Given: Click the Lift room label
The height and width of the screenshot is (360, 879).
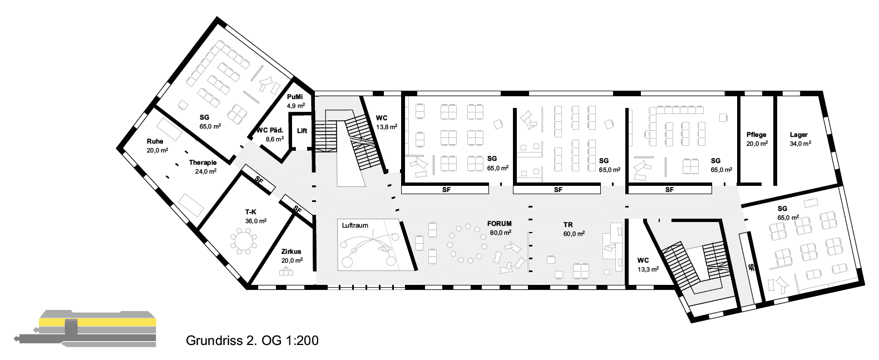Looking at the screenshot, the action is tap(302, 131).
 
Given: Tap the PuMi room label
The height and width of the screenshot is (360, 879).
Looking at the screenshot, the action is tap(295, 97).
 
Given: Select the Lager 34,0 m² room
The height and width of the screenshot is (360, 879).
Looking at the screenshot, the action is tap(800, 139).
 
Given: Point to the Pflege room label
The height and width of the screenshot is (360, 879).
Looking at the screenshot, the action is tap(757, 135).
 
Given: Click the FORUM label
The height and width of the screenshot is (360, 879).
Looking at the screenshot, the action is tap(499, 224).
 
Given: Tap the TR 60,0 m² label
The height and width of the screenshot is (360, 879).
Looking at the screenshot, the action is tap(574, 229).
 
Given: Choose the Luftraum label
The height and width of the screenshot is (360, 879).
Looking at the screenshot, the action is tap(355, 225).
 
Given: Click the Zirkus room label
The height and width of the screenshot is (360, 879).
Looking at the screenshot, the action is tap(291, 251).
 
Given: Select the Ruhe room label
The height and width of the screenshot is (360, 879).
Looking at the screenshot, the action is tap(155, 141).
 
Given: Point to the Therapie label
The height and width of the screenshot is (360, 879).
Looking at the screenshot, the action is tap(203, 162).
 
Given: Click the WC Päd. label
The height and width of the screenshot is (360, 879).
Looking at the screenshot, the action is tap(270, 130).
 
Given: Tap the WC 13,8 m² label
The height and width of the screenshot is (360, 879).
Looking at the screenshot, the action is tap(387, 122).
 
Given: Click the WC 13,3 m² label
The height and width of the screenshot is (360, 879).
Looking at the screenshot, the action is tap(648, 265).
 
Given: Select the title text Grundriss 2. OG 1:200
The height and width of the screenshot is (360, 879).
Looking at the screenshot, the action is tap(252, 340).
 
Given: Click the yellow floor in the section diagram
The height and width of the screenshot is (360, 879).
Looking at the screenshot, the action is tap(97, 322).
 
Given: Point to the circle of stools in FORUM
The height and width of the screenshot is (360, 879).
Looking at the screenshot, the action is tap(467, 243).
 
